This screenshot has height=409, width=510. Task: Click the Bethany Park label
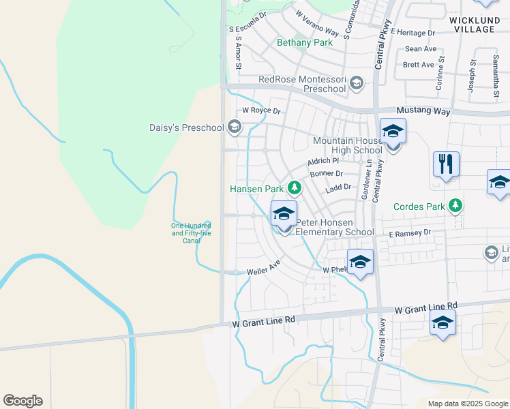pos(305,42)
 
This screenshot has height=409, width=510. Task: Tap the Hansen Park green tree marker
pos(295,187)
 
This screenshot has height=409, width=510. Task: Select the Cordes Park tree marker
pos(455,206)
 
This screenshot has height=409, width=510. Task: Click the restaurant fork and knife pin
pos(446,164)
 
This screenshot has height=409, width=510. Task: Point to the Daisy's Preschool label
pos(186,127)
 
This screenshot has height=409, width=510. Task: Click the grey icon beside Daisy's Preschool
pos(235,127)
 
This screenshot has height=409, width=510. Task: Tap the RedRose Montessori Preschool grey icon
pos(355,84)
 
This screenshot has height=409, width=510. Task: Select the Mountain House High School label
pos(348,145)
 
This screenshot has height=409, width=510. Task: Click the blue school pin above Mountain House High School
pos(393,131)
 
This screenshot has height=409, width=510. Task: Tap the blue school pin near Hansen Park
pos(284,214)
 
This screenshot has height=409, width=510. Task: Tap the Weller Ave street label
pos(264,266)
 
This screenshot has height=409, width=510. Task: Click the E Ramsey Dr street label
pos(410,233)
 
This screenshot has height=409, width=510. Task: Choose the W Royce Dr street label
pos(261,110)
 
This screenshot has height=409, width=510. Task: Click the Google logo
pos(22,401)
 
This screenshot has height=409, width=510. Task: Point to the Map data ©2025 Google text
pos(468,404)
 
